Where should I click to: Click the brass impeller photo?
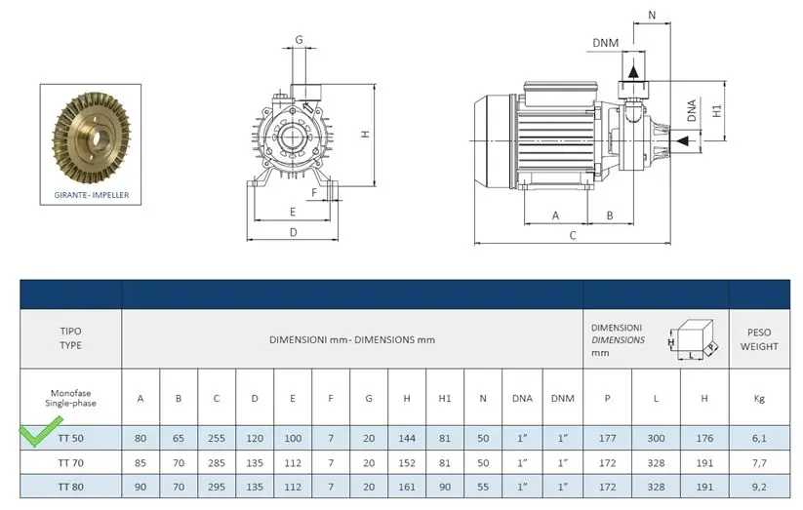point(91,137)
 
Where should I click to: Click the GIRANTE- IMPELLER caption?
point(91,195)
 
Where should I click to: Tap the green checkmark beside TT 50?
point(41,431)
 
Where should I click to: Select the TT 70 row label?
point(70,463)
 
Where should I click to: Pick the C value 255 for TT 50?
point(217,438)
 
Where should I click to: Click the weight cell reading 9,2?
point(759,487)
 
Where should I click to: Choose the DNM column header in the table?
point(562,399)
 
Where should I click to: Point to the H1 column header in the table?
point(445,399)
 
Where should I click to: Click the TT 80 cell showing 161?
point(407,487)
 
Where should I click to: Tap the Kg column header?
point(759,399)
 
